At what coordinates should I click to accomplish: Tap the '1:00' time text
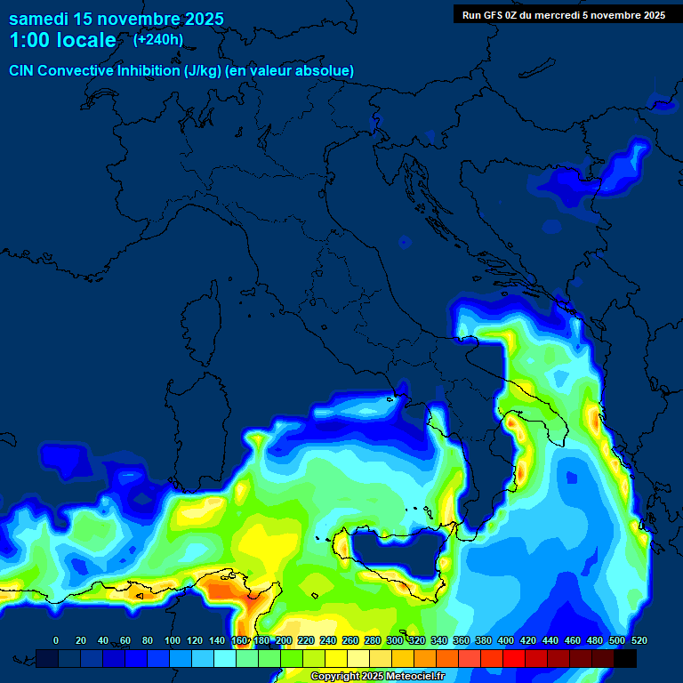click(31, 40)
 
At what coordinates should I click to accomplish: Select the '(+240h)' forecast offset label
click(158, 39)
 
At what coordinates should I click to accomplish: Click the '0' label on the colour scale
click(56, 640)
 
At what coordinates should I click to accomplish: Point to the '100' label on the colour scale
click(173, 640)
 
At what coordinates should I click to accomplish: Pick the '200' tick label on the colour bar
click(284, 640)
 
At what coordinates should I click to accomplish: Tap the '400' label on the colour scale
click(506, 640)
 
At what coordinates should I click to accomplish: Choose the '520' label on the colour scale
click(639, 640)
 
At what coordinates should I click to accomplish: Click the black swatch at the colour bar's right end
click(625, 658)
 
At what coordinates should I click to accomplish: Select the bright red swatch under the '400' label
click(514, 658)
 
